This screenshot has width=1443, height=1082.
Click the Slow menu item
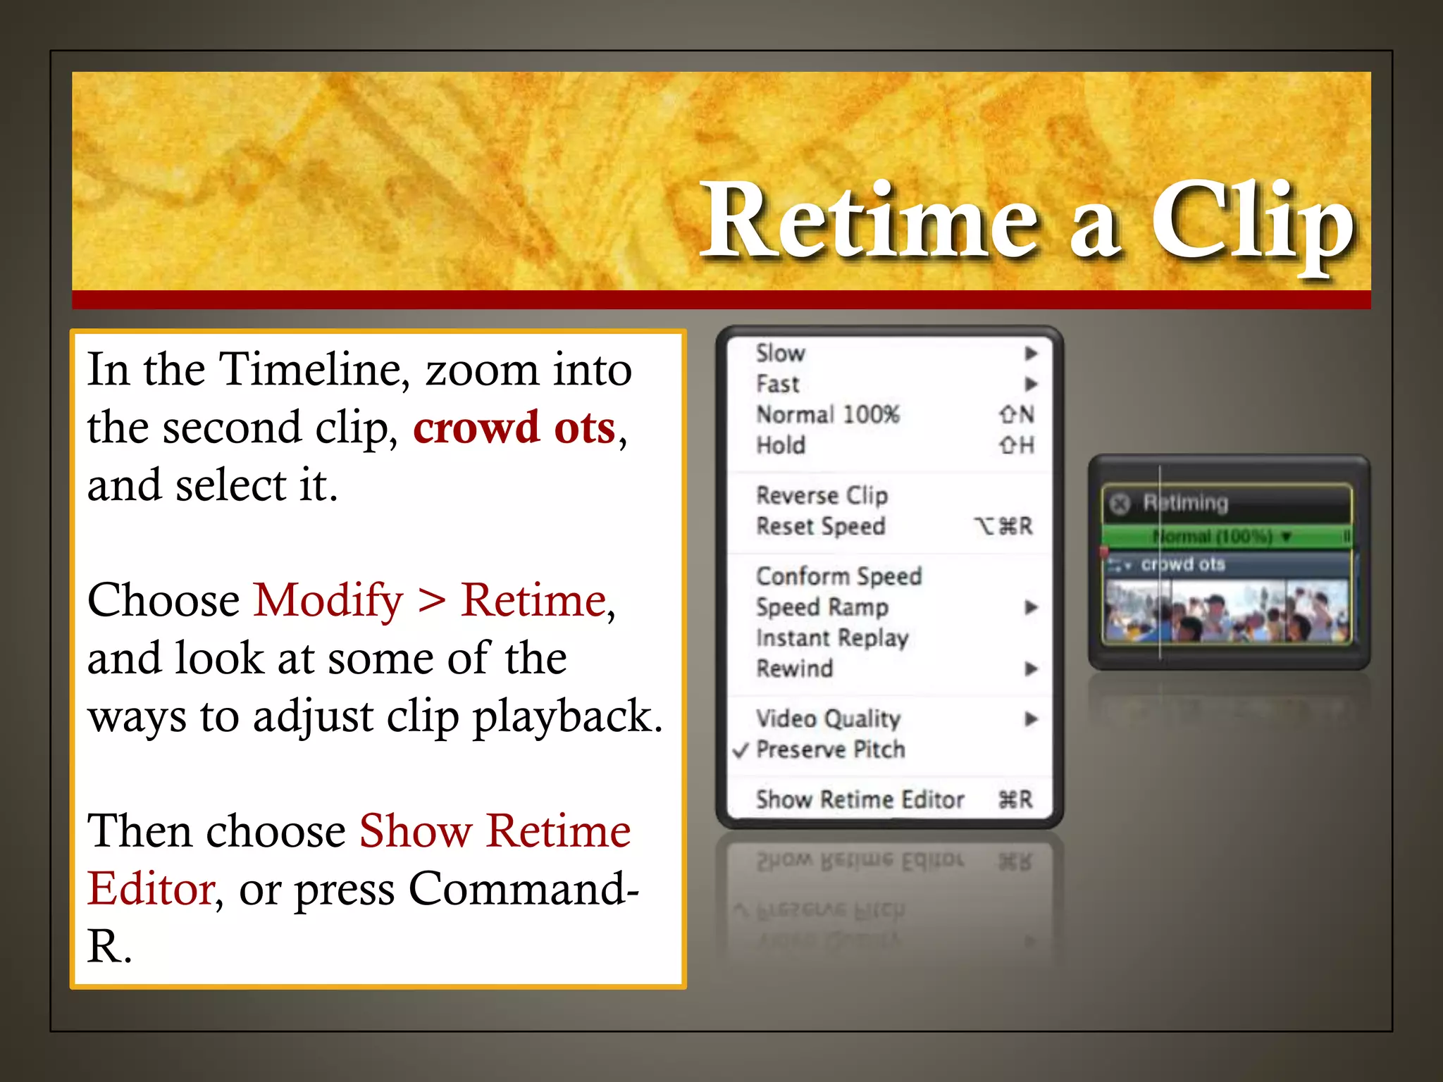coord(781,353)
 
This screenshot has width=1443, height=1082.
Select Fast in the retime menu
coord(778,384)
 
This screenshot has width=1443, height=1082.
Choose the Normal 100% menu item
coord(828,414)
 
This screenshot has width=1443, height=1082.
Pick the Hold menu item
coord(781,445)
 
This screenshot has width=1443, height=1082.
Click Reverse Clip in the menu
coord(822,495)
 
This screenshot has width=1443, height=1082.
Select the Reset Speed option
coord(820,526)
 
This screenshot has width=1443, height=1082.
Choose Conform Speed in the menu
coord(838,576)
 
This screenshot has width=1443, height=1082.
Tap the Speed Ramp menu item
coord(822,607)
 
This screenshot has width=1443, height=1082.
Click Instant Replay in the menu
coord(832,638)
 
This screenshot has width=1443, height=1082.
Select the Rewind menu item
coord(794,669)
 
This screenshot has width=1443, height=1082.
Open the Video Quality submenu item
coord(828,719)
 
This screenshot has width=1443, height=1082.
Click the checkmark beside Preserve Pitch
coord(741,750)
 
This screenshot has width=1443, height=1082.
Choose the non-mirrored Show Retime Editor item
coord(860,800)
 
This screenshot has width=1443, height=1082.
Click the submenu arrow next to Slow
coord(1031,353)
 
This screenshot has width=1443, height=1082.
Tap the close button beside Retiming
coord(1120,504)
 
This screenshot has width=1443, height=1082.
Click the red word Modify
coord(328,601)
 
